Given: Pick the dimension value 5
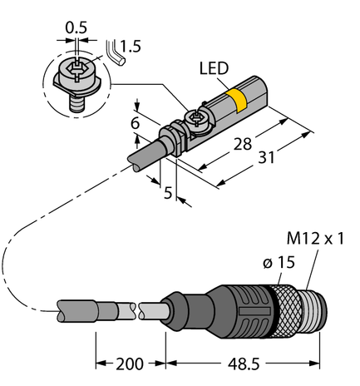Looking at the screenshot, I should [168, 193].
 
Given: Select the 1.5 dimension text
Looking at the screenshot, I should [127, 47].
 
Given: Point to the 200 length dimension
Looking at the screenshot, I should [131, 364].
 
